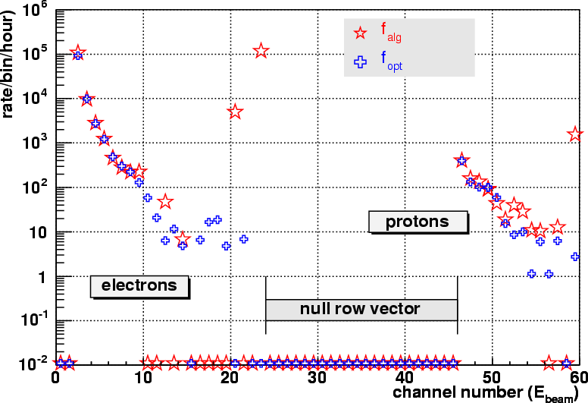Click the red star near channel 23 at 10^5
click(261, 51)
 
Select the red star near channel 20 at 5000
click(235, 112)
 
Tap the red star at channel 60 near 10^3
click(575, 134)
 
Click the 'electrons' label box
click(139, 285)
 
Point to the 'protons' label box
click(417, 222)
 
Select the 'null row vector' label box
click(361, 309)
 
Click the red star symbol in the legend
click(361, 33)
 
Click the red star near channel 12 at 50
click(165, 202)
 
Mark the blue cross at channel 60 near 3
click(575, 257)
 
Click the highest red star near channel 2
click(78, 53)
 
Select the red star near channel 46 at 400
click(461, 161)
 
